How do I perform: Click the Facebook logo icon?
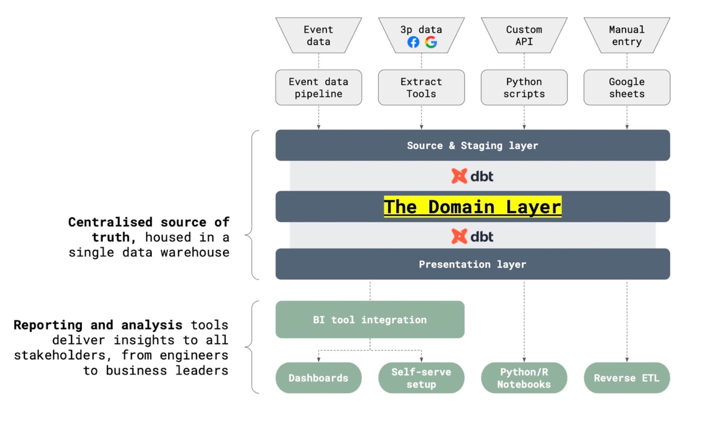(x=413, y=42)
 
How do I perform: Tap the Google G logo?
(x=431, y=42)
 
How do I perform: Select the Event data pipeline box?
(x=319, y=87)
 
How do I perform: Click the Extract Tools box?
(x=421, y=87)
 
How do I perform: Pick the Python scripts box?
(x=524, y=87)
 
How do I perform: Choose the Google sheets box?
(x=627, y=87)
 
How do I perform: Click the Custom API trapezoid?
(x=524, y=35)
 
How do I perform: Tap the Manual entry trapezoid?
(x=627, y=35)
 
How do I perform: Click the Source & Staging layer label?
(x=473, y=145)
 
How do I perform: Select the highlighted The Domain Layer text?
(x=473, y=206)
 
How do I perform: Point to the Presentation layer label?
(x=473, y=264)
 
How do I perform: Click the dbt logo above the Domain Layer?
(x=472, y=176)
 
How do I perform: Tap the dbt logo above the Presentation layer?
(x=472, y=236)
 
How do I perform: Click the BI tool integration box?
(x=370, y=319)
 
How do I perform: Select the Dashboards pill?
(x=319, y=378)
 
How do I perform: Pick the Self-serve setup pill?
(x=421, y=378)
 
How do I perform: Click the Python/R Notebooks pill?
(x=524, y=378)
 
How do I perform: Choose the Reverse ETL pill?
(x=627, y=378)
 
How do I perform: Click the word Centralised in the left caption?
(x=110, y=222)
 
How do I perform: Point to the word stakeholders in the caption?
(x=60, y=355)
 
